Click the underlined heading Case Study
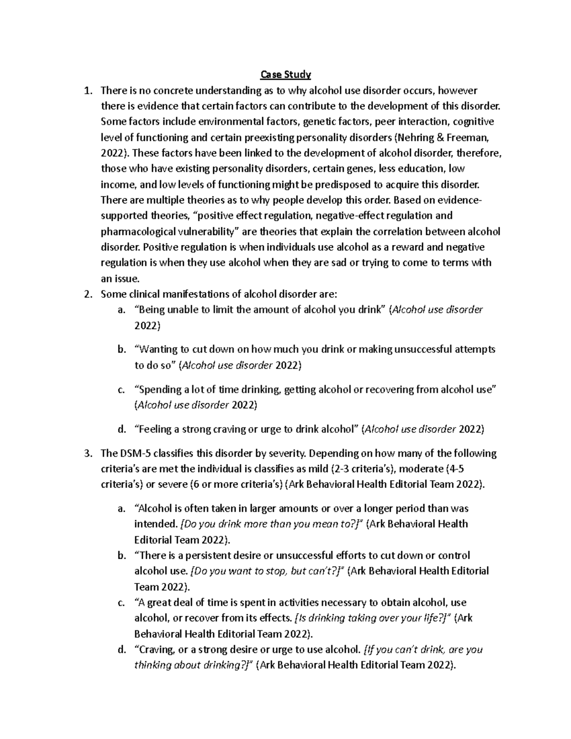(285, 75)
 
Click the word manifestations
(193, 294)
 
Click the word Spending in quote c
(156, 389)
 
